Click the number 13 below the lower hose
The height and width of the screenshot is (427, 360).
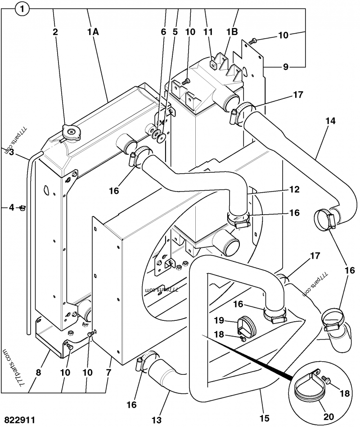point(156,419)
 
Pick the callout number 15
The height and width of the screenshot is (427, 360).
point(265,418)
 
